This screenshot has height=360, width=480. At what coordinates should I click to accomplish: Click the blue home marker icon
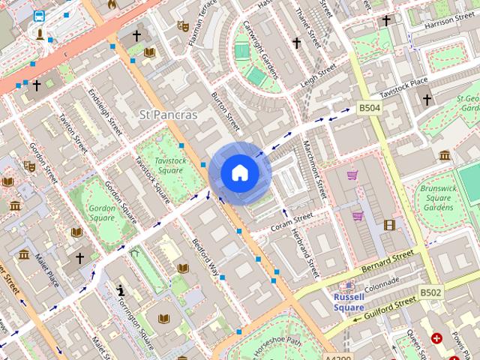click(x=239, y=172)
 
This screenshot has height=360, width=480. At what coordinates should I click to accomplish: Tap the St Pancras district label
click(x=169, y=115)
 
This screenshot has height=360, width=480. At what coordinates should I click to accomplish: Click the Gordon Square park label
click(x=103, y=211)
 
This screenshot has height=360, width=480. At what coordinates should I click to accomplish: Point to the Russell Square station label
click(x=348, y=302)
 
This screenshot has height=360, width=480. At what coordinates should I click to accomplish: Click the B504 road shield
click(x=369, y=108)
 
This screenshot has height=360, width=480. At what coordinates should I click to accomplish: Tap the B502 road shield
click(x=430, y=292)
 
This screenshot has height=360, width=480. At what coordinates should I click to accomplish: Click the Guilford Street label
click(x=389, y=307)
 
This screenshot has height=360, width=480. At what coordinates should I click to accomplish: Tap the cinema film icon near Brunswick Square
click(x=389, y=224)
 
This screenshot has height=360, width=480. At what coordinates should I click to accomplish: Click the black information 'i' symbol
click(x=120, y=289)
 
